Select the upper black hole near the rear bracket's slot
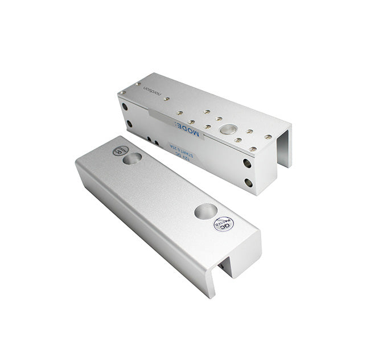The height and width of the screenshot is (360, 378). pyautogui.click(x=247, y=163)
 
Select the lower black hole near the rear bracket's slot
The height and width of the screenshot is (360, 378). pyautogui.click(x=248, y=183)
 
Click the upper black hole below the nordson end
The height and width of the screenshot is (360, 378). pyautogui.click(x=125, y=107)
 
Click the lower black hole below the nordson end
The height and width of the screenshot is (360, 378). pyautogui.click(x=129, y=123)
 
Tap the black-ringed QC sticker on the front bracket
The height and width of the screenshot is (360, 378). pyautogui.click(x=120, y=150)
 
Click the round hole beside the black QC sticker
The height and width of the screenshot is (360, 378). pyautogui.click(x=133, y=158)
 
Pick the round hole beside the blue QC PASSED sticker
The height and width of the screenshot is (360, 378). pyautogui.click(x=205, y=211)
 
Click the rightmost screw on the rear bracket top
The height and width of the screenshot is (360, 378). pyautogui.click(x=268, y=137)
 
